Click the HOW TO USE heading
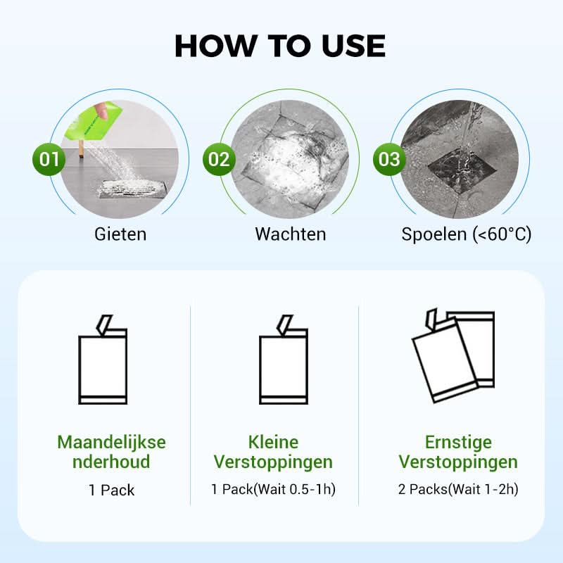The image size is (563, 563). pyautogui.click(x=280, y=45)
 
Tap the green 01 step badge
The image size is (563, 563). pyautogui.click(x=49, y=158)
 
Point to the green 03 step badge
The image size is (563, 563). pyautogui.click(x=389, y=158)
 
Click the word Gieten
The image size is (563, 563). pyautogui.click(x=120, y=234)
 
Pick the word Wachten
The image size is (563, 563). pyautogui.click(x=290, y=234)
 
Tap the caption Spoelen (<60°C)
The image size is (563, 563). pyautogui.click(x=466, y=234)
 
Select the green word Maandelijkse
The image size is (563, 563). pyautogui.click(x=111, y=443)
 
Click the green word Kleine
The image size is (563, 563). pyautogui.click(x=273, y=443)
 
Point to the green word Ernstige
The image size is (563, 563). pyautogui.click(x=457, y=443)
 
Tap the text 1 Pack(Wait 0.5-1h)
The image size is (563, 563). pyautogui.click(x=273, y=489)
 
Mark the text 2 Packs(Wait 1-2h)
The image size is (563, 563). pyautogui.click(x=457, y=489)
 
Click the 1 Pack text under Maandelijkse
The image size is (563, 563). pyautogui.click(x=111, y=490)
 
